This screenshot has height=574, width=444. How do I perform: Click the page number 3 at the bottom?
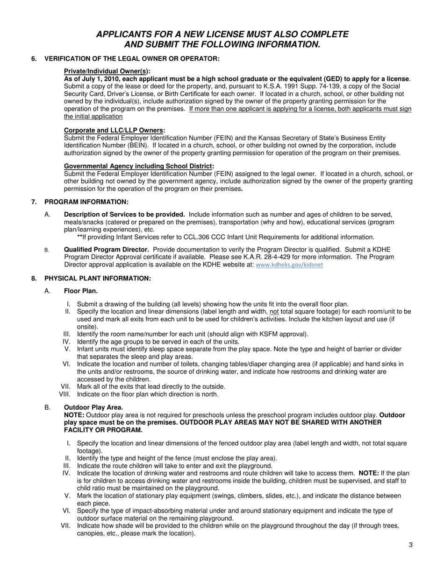click(410, 545)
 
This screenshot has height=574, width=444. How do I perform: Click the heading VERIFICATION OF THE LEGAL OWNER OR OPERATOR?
click(131, 58)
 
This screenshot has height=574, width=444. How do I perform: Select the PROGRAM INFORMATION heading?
click(86, 202)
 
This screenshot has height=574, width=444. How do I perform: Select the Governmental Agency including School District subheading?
click(138, 166)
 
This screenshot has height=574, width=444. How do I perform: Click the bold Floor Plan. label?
click(81, 291)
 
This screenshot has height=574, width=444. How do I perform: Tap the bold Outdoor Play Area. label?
click(93, 407)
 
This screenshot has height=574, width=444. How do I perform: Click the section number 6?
click(34, 58)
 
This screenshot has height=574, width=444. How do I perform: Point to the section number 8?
click(34, 278)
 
